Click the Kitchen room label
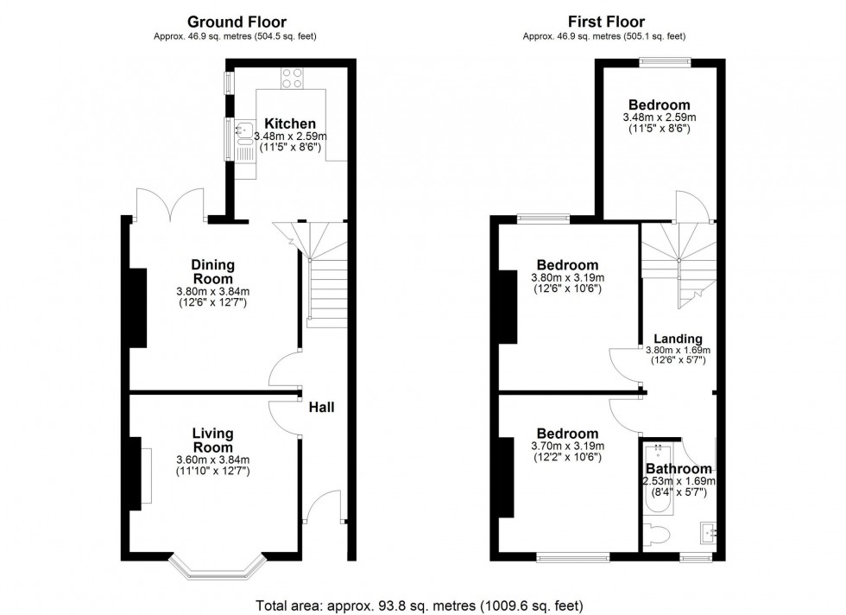tap(289, 124)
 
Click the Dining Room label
tap(212, 272)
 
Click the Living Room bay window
tap(216, 567)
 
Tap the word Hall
tap(322, 408)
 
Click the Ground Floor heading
tap(237, 22)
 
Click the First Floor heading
tap(607, 22)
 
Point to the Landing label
tap(678, 339)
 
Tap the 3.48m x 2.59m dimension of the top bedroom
tap(659, 117)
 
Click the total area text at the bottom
tap(422, 605)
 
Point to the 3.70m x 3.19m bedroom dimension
tap(567, 447)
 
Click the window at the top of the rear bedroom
tap(665, 60)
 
